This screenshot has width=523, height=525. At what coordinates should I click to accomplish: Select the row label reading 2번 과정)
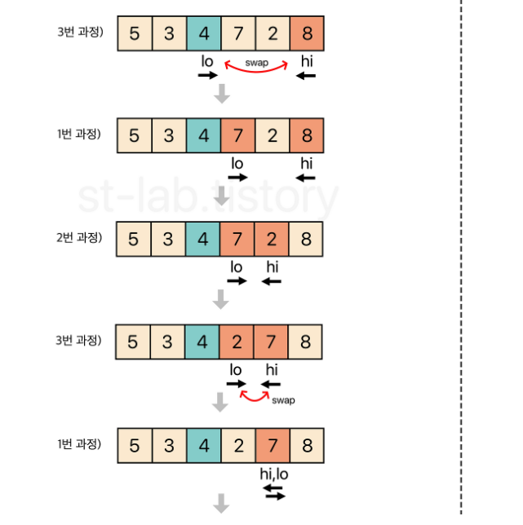(79, 238)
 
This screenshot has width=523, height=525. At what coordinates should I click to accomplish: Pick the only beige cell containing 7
(237, 34)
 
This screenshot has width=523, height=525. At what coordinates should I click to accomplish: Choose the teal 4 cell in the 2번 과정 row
(203, 240)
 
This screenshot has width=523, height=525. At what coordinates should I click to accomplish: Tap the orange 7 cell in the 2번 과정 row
(237, 240)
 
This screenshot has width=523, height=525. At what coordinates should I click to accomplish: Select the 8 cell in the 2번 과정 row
(306, 240)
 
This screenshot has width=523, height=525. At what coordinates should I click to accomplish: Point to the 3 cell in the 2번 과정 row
(169, 240)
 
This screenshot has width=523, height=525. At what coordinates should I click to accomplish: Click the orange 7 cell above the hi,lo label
(272, 445)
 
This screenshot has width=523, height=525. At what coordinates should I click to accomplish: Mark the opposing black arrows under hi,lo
(273, 492)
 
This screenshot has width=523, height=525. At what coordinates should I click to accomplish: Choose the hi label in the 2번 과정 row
(272, 267)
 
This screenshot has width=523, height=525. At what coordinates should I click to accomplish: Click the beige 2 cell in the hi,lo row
(237, 445)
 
